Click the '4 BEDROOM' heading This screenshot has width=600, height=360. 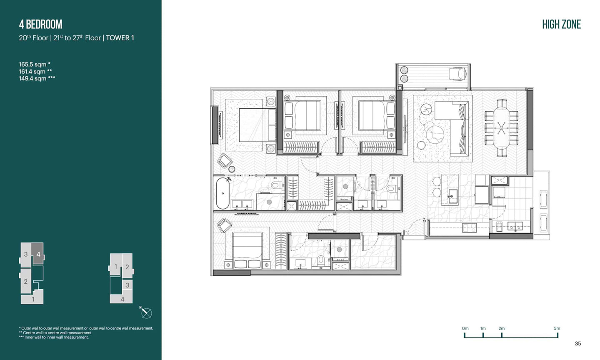coord(40,24)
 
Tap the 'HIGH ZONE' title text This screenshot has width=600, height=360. coord(561,24)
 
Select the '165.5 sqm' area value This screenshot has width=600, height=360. coord(32,64)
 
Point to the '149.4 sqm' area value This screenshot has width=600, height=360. coord(32,78)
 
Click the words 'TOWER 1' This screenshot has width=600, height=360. coord(120,38)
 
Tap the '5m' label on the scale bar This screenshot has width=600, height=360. coord(557,328)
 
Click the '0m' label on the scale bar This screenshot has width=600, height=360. coord(465,328)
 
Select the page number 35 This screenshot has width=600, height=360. coord(578,343)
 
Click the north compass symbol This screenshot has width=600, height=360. coord(146,313)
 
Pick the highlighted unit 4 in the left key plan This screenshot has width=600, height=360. coord(37,254)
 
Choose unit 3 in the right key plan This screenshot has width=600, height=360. coord(127,285)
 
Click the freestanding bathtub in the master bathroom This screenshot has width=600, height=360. coord(222,193)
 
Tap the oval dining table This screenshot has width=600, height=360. coord(501,128)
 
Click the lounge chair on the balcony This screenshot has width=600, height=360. coord(458,73)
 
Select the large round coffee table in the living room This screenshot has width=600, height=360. coord(435,135)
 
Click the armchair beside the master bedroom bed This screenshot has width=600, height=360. coord(225,160)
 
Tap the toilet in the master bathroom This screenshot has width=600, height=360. coord(277,185)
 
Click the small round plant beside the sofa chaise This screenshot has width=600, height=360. coord(426,109)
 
